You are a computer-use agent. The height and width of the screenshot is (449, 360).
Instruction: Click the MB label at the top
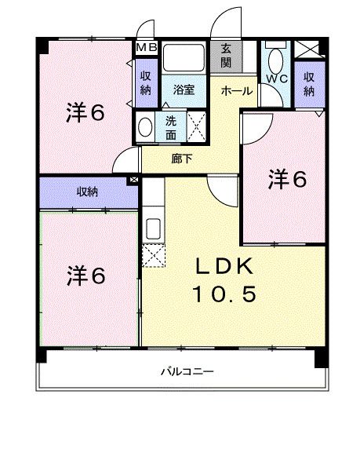147,48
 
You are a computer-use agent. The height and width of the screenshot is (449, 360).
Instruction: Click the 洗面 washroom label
171,127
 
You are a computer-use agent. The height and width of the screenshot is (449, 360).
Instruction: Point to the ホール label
236,91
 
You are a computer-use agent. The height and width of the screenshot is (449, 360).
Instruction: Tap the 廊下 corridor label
180,157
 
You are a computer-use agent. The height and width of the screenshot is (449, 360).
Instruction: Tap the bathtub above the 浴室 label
183,58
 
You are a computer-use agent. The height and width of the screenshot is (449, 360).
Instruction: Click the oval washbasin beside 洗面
146,126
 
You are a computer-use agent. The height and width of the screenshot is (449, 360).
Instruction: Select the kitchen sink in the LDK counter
154,228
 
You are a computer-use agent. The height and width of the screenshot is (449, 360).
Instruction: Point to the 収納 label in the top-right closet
309,82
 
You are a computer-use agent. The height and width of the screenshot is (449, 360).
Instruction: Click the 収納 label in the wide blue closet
88,192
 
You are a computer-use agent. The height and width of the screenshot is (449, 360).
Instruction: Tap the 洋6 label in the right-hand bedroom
287,179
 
